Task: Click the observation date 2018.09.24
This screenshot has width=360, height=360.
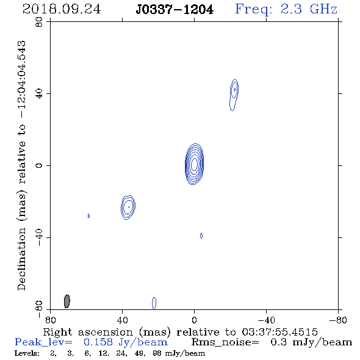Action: point(62,9)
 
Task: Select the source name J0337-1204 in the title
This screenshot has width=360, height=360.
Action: point(175,10)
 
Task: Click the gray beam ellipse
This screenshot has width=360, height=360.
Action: point(67,301)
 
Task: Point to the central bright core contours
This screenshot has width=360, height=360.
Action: point(194,164)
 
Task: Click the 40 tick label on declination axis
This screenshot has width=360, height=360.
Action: point(39,94)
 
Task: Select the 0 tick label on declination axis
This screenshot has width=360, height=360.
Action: point(39,165)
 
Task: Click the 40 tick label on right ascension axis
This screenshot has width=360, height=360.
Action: point(122,320)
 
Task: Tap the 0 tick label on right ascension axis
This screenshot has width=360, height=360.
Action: point(194,320)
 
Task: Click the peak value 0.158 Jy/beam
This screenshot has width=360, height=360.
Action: point(126,342)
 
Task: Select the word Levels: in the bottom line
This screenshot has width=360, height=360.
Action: point(27,353)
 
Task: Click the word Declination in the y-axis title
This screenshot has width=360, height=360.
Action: point(21,259)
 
